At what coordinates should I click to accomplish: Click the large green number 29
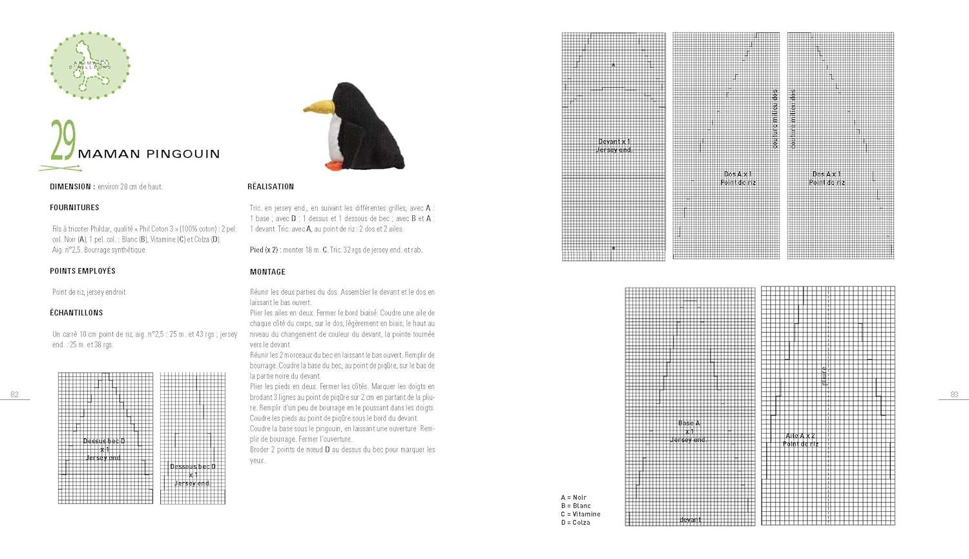(63, 140)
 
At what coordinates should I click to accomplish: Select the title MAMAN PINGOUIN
(149, 154)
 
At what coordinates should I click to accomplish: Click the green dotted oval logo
(90, 65)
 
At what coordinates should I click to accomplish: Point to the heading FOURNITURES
(74, 207)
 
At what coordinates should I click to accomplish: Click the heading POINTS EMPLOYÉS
(83, 271)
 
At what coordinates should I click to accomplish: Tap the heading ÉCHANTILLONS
(76, 313)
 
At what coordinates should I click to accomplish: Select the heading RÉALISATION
(271, 187)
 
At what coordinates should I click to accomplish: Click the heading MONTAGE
(267, 272)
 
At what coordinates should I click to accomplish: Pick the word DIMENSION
(71, 187)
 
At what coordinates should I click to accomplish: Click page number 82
(14, 394)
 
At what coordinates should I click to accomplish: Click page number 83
(954, 394)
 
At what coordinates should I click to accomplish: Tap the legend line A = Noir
(574, 498)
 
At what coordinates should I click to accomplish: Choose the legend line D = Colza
(576, 522)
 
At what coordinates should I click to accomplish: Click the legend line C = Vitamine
(581, 514)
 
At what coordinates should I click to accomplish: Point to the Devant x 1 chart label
(614, 142)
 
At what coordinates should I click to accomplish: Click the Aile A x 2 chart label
(800, 436)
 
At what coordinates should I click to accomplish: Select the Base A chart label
(689, 423)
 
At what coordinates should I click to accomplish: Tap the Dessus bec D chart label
(104, 441)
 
